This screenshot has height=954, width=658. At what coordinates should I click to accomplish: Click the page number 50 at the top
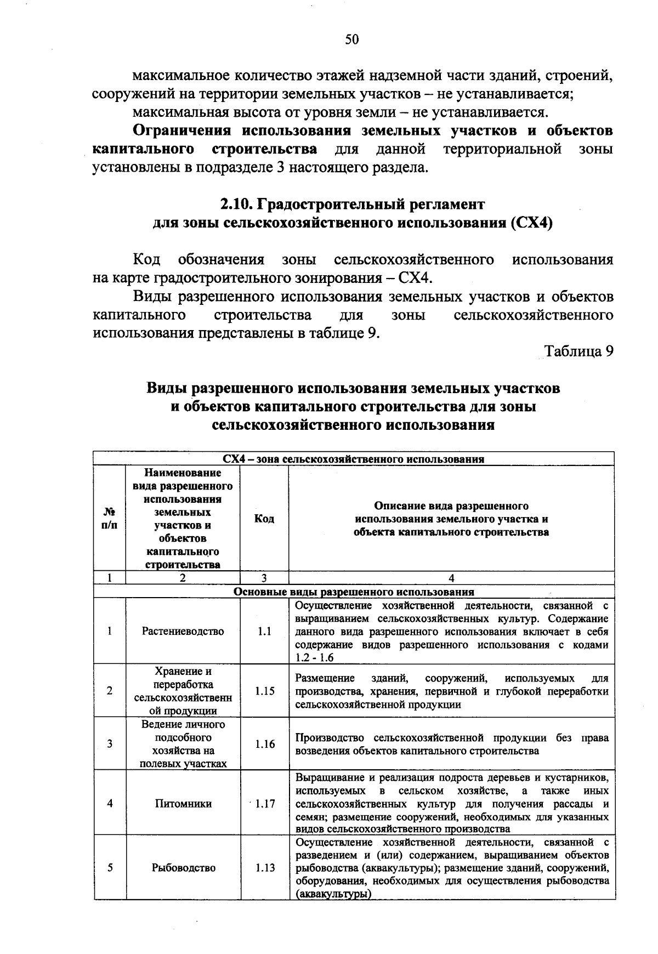351,39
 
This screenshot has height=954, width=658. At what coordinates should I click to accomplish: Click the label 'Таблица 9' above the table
578,351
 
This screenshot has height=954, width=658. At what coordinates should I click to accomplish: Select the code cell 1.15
264,691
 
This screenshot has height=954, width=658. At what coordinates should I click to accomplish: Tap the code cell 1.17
264,804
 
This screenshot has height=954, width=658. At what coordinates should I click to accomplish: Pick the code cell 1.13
264,868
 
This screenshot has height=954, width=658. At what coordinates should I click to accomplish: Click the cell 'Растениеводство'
183,631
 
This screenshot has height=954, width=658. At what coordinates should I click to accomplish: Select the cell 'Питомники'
183,804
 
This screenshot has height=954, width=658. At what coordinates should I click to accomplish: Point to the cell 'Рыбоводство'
183,868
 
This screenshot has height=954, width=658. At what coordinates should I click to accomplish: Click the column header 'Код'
264,519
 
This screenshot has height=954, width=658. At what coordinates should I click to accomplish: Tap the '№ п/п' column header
110,519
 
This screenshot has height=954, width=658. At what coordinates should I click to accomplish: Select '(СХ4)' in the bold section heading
530,224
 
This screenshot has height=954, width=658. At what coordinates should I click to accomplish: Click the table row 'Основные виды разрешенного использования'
354,592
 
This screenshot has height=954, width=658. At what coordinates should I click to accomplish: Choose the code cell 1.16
264,744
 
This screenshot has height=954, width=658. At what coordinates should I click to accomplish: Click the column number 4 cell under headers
451,578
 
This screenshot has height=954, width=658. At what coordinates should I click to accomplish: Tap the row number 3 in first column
110,744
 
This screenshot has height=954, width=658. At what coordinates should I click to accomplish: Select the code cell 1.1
264,631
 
